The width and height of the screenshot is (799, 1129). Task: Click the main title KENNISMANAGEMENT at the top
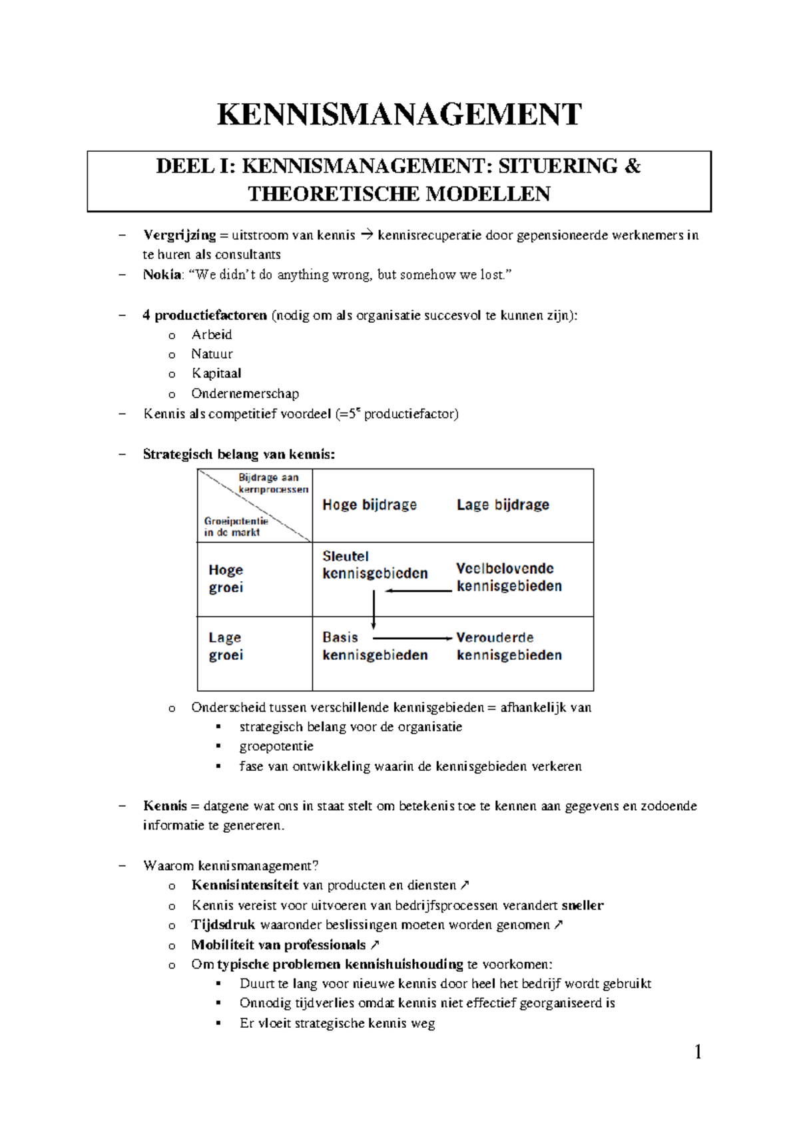[x=400, y=114]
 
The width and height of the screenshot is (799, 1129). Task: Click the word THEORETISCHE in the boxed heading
[x=334, y=194]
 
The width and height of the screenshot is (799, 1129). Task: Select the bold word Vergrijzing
[x=179, y=235]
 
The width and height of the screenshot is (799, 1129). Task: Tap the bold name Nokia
[x=162, y=274]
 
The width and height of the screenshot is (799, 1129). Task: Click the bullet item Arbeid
[x=212, y=334]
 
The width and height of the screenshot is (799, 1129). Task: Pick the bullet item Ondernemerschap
[x=245, y=393]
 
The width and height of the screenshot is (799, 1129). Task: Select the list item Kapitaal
[x=216, y=373]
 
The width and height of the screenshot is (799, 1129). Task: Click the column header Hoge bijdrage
[x=370, y=505]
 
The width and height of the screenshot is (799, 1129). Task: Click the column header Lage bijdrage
[x=503, y=505]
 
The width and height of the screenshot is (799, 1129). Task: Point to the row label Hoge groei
[x=226, y=578]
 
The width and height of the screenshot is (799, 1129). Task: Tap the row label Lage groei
[x=226, y=646]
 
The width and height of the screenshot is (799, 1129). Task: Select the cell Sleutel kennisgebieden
[x=374, y=564]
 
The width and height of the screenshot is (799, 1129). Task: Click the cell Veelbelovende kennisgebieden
[x=509, y=577]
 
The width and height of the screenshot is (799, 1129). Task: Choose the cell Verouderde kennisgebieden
[x=509, y=646]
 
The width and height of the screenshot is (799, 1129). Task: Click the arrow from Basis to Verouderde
[x=413, y=638]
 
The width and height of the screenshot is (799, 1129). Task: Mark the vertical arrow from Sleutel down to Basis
[x=374, y=609]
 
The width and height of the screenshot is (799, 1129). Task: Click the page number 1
[x=698, y=1052]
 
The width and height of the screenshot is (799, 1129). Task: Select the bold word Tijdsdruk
[x=223, y=925]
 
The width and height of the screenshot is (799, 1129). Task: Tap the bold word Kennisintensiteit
[x=244, y=885]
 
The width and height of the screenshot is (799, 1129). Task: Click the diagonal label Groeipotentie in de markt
[x=235, y=527]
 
